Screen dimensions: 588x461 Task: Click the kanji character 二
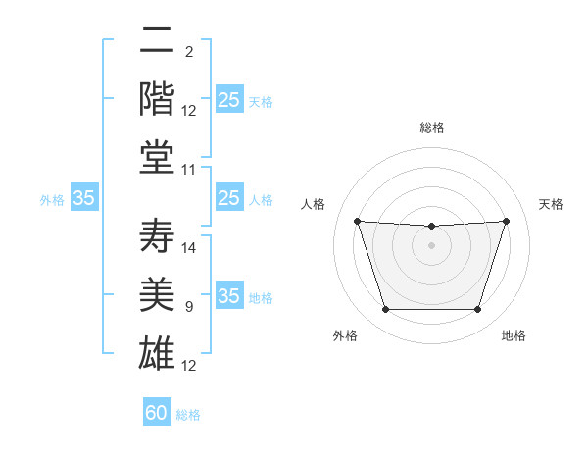tap(157, 39)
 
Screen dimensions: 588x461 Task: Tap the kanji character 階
tap(157, 98)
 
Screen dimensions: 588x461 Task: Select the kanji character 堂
tap(157, 157)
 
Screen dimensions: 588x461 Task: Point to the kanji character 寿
tap(157, 235)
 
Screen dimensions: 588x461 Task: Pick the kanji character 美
tap(157, 294)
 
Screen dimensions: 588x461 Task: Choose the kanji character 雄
tap(157, 353)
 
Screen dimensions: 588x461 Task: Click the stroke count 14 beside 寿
tap(188, 248)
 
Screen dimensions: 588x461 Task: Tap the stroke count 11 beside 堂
tap(188, 170)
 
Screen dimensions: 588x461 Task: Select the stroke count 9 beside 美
tap(189, 307)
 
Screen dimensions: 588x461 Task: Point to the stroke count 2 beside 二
tap(189, 52)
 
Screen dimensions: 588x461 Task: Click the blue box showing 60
tap(157, 411)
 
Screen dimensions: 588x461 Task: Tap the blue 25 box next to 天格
tap(229, 99)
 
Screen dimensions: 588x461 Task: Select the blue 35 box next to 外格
tap(84, 197)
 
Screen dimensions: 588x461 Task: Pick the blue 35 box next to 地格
tap(229, 294)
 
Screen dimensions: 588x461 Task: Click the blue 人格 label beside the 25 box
tap(261, 200)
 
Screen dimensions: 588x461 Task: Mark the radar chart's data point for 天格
tap(506, 221)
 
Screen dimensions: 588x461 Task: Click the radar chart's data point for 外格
tap(386, 309)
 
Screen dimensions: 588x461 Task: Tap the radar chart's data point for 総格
tap(431, 226)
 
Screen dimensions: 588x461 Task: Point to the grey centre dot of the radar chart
tap(431, 245)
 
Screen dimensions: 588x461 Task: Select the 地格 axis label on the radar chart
tap(514, 335)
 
